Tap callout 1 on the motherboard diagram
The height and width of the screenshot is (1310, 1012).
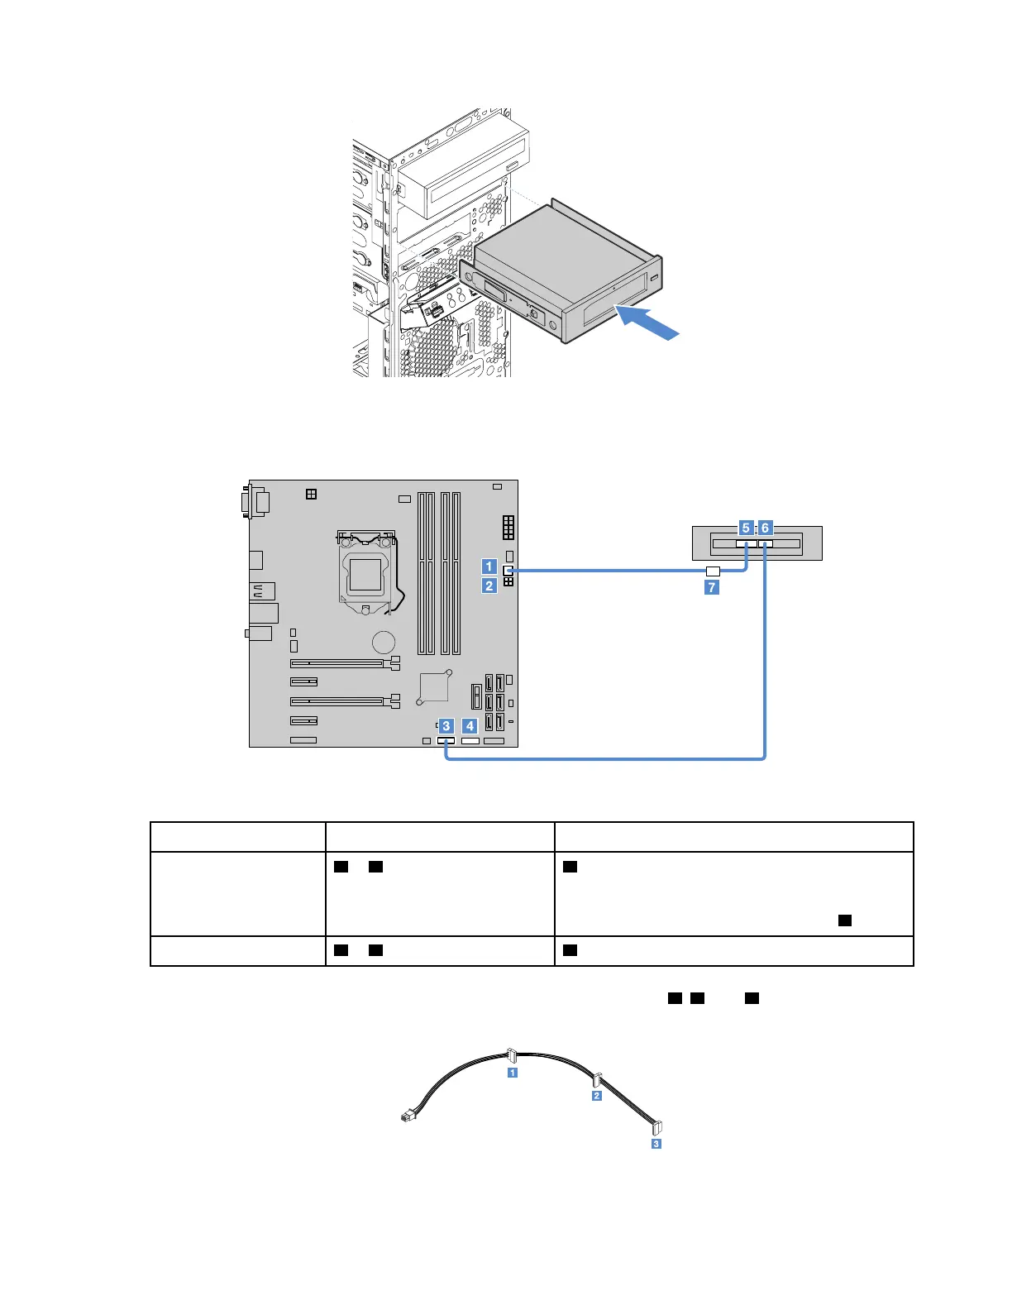(489, 567)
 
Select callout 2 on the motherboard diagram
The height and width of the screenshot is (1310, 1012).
(489, 586)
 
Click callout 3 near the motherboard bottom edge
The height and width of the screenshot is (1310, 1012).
(446, 726)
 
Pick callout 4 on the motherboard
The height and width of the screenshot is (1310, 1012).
(470, 726)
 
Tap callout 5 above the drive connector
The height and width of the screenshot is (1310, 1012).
(746, 528)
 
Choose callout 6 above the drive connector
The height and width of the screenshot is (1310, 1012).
(765, 528)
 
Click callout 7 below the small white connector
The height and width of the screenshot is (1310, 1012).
(711, 587)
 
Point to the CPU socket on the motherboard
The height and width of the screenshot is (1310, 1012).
(365, 571)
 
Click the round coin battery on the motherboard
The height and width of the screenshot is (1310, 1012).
(383, 643)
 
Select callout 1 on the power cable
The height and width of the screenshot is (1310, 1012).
(513, 1073)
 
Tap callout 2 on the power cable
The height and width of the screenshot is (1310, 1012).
(597, 1096)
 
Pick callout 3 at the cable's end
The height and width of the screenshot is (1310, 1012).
(656, 1144)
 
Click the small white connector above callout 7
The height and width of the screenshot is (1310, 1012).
(713, 571)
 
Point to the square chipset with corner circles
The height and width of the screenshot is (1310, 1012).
(434, 687)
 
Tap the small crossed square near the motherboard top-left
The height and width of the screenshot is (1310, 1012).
(311, 494)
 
